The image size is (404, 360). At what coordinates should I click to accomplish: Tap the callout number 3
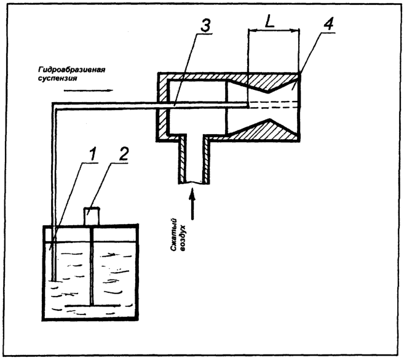pyautogui.click(x=205, y=26)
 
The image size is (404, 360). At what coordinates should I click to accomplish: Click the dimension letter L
pyautogui.click(x=269, y=23)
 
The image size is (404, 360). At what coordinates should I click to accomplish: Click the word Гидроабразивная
pyautogui.click(x=71, y=70)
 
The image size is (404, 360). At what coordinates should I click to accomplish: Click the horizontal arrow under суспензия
pyautogui.click(x=89, y=90)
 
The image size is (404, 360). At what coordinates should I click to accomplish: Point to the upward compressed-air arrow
pyautogui.click(x=192, y=204)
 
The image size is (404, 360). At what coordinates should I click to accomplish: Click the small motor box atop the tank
pyautogui.click(x=92, y=216)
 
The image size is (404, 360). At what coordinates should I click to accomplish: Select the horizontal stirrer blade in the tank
pyautogui.click(x=93, y=306)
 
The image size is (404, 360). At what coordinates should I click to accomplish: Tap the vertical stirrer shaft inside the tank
pyautogui.click(x=92, y=266)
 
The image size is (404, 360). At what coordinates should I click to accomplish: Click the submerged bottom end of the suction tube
pyautogui.click(x=53, y=280)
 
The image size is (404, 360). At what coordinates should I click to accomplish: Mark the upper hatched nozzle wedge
pyautogui.click(x=266, y=82)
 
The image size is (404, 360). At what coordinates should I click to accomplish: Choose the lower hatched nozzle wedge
pyautogui.click(x=266, y=130)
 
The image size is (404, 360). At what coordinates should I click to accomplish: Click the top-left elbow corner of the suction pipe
pyautogui.click(x=54, y=105)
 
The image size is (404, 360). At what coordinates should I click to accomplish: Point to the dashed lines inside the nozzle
pyautogui.click(x=274, y=105)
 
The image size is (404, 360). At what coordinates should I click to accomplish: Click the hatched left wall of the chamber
pyautogui.click(x=162, y=107)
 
